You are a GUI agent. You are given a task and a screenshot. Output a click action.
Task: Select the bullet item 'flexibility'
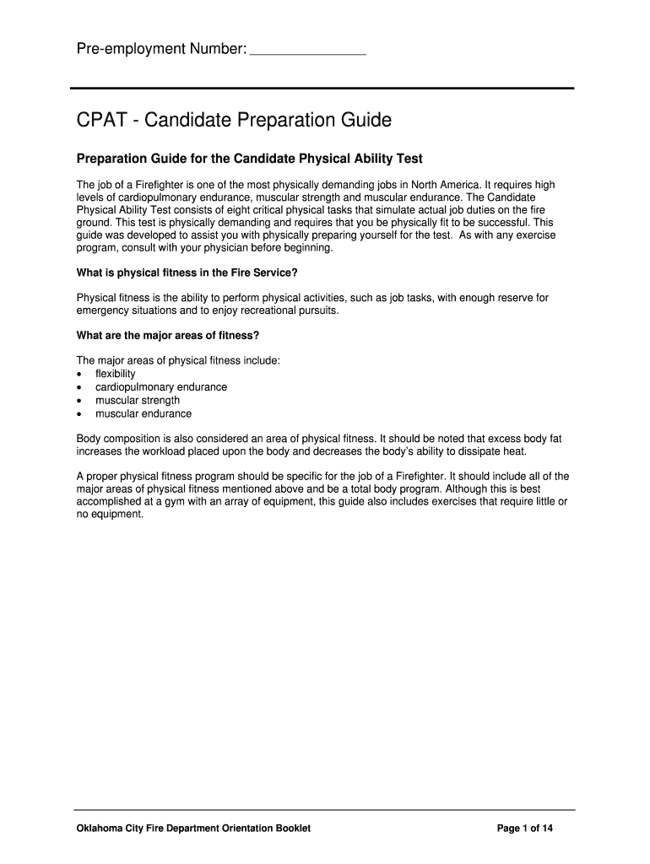click(115, 374)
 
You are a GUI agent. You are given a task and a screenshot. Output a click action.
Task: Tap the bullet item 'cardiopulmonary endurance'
click(160, 387)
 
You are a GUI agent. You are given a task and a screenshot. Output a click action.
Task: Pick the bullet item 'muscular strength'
click(137, 401)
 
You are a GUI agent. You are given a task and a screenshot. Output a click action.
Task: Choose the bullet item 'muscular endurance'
click(143, 414)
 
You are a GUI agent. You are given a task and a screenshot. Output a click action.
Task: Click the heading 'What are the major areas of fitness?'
click(167, 335)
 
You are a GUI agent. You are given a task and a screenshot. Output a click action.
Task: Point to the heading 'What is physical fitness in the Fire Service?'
click(187, 273)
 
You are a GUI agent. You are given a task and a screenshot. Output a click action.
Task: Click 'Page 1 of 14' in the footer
click(525, 829)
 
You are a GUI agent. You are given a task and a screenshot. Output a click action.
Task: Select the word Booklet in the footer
click(291, 829)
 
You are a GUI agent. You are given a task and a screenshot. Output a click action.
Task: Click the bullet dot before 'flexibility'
click(79, 374)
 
